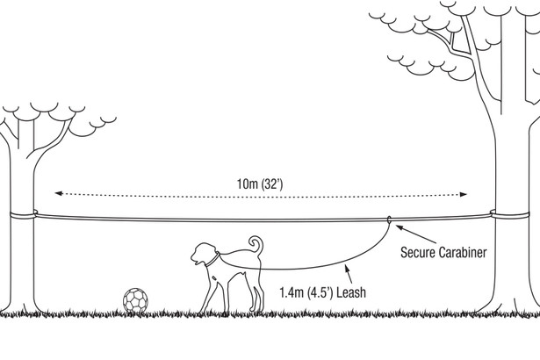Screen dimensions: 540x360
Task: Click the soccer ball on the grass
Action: tap(136, 301)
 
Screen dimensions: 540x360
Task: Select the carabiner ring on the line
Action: tap(389, 220)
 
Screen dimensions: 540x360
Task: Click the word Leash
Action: tap(351, 292)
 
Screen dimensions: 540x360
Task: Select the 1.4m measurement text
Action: tap(292, 292)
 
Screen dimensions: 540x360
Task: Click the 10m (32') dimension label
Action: tap(260, 184)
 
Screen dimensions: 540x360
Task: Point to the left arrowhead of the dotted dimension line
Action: tap(59, 193)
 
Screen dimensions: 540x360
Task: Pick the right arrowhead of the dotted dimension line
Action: tap(464, 194)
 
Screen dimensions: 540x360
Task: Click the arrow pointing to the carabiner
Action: tap(416, 234)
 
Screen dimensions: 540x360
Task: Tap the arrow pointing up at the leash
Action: tap(349, 274)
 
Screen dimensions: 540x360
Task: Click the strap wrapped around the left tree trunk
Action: tap(23, 215)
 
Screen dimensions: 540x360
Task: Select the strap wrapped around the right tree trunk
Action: tap(509, 215)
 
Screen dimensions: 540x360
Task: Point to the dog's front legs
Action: tap(213, 292)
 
